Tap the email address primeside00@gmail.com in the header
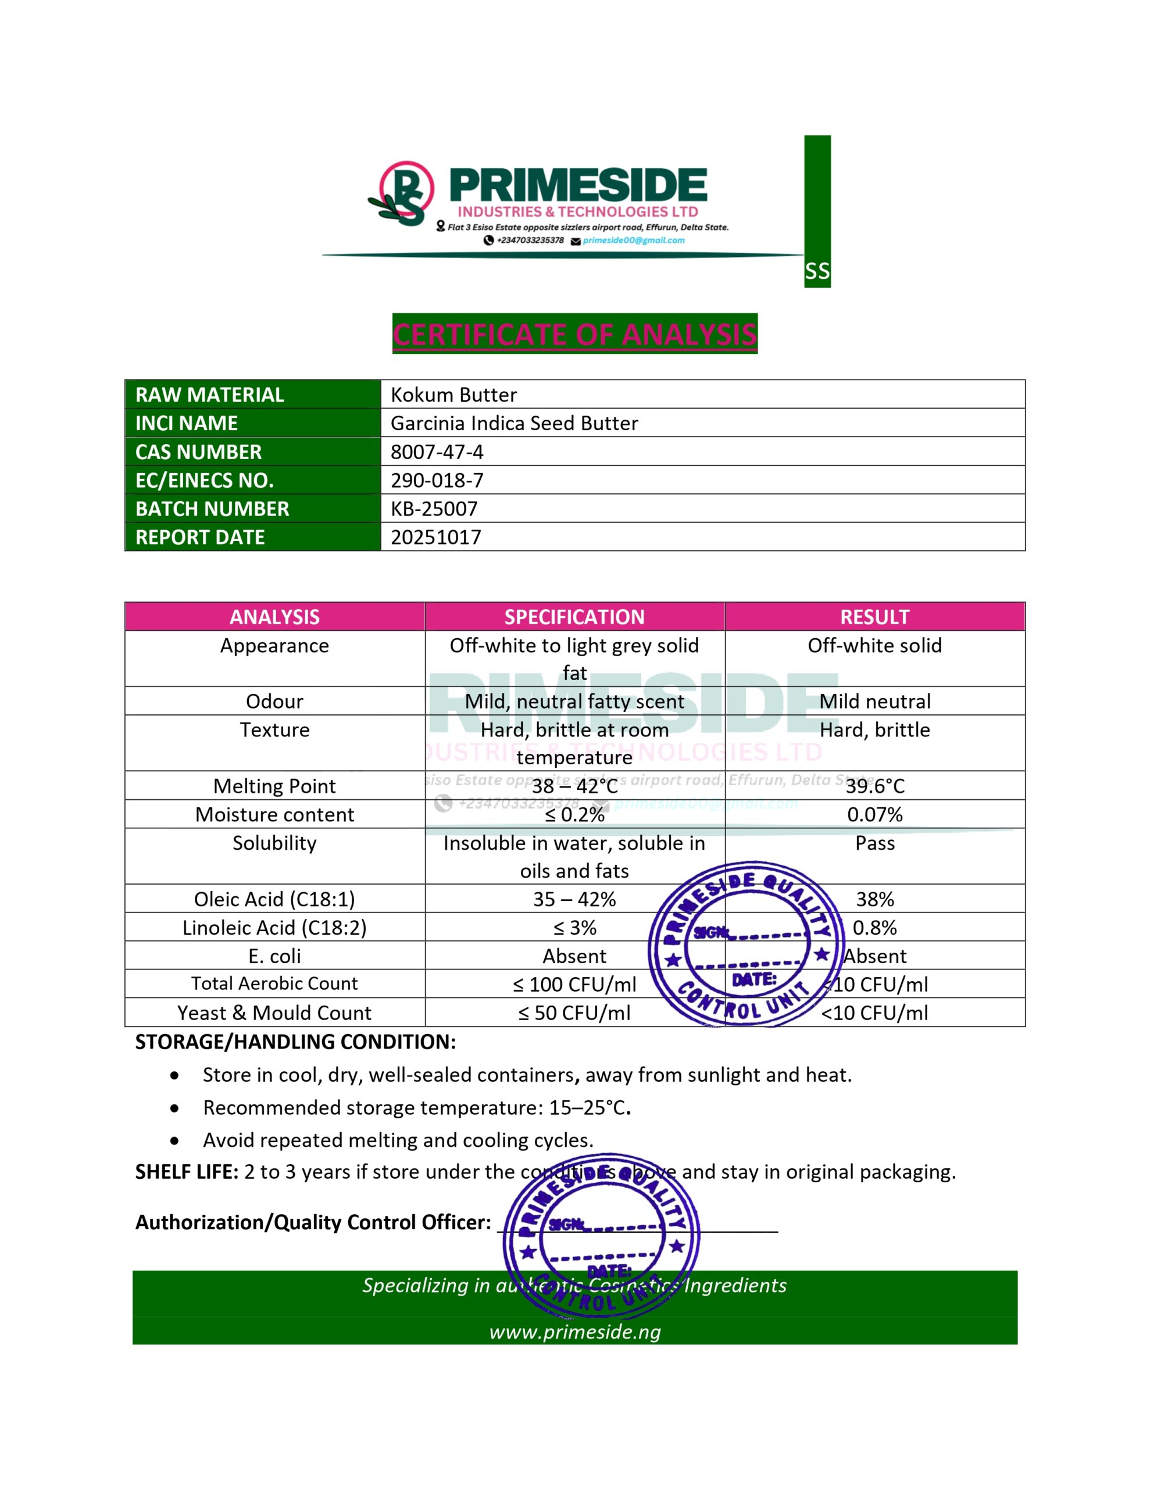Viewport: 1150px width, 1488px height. (x=633, y=241)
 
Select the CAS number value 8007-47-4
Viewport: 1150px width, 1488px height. (x=437, y=452)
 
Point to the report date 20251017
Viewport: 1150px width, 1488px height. (x=435, y=537)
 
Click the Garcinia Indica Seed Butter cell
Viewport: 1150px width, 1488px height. (x=514, y=423)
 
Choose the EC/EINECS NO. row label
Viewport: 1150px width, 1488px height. (x=205, y=480)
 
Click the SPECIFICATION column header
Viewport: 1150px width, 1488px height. (x=574, y=617)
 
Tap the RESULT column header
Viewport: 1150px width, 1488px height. (x=874, y=617)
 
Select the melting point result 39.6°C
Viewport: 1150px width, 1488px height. (x=874, y=786)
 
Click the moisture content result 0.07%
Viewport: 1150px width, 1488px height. (x=874, y=814)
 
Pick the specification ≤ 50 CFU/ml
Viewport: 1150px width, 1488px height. (x=574, y=1013)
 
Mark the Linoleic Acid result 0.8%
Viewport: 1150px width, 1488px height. (x=874, y=927)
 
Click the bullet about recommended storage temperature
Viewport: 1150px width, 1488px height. (x=416, y=1107)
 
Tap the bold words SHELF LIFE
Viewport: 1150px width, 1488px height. (x=186, y=1171)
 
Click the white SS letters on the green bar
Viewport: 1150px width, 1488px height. (x=817, y=271)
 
